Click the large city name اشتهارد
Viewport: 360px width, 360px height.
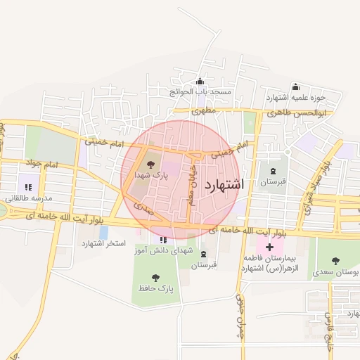(224, 186)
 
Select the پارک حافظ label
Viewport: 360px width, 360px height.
(155, 288)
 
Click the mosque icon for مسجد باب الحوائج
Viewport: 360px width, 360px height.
(200, 81)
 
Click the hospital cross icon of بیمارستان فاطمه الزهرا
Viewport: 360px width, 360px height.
(269, 247)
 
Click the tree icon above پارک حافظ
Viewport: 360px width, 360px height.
(155, 277)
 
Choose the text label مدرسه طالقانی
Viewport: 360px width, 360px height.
(29, 198)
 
